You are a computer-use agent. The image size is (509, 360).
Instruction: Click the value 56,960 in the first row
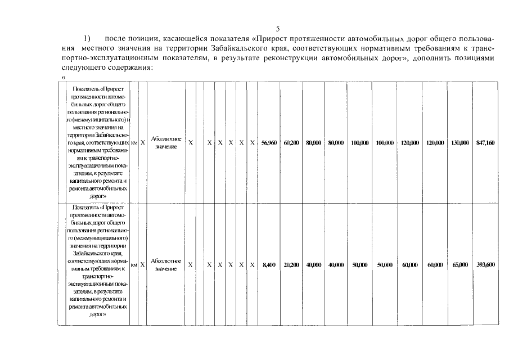(x=269, y=143)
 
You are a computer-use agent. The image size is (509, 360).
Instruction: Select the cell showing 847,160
(x=485, y=143)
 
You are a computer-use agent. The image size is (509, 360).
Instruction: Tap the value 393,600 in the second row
(x=485, y=265)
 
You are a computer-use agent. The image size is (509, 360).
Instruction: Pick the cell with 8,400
(x=269, y=265)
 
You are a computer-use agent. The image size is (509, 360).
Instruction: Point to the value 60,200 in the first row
(x=291, y=143)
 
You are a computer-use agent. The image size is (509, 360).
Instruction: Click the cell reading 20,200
(x=291, y=265)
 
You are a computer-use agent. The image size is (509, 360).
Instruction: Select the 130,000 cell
(x=460, y=143)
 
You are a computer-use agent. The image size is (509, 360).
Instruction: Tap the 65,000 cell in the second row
(x=460, y=265)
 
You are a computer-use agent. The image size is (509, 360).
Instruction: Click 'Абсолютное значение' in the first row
(x=166, y=143)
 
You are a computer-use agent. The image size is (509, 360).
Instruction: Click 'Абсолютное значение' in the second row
(x=166, y=265)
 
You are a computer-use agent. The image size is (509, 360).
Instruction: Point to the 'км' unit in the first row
(x=134, y=143)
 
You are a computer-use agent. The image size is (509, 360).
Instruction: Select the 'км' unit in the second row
(x=134, y=264)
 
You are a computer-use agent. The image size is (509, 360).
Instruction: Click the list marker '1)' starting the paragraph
(x=87, y=39)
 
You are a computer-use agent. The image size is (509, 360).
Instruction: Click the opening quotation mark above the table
(x=63, y=76)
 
